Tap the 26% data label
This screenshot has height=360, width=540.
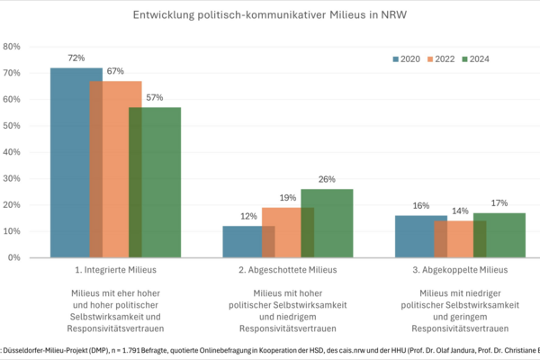327,179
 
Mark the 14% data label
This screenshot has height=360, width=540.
461,211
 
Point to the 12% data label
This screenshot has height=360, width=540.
248,216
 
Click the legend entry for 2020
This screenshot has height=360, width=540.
408,59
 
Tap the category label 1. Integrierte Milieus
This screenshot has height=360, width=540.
115,270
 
